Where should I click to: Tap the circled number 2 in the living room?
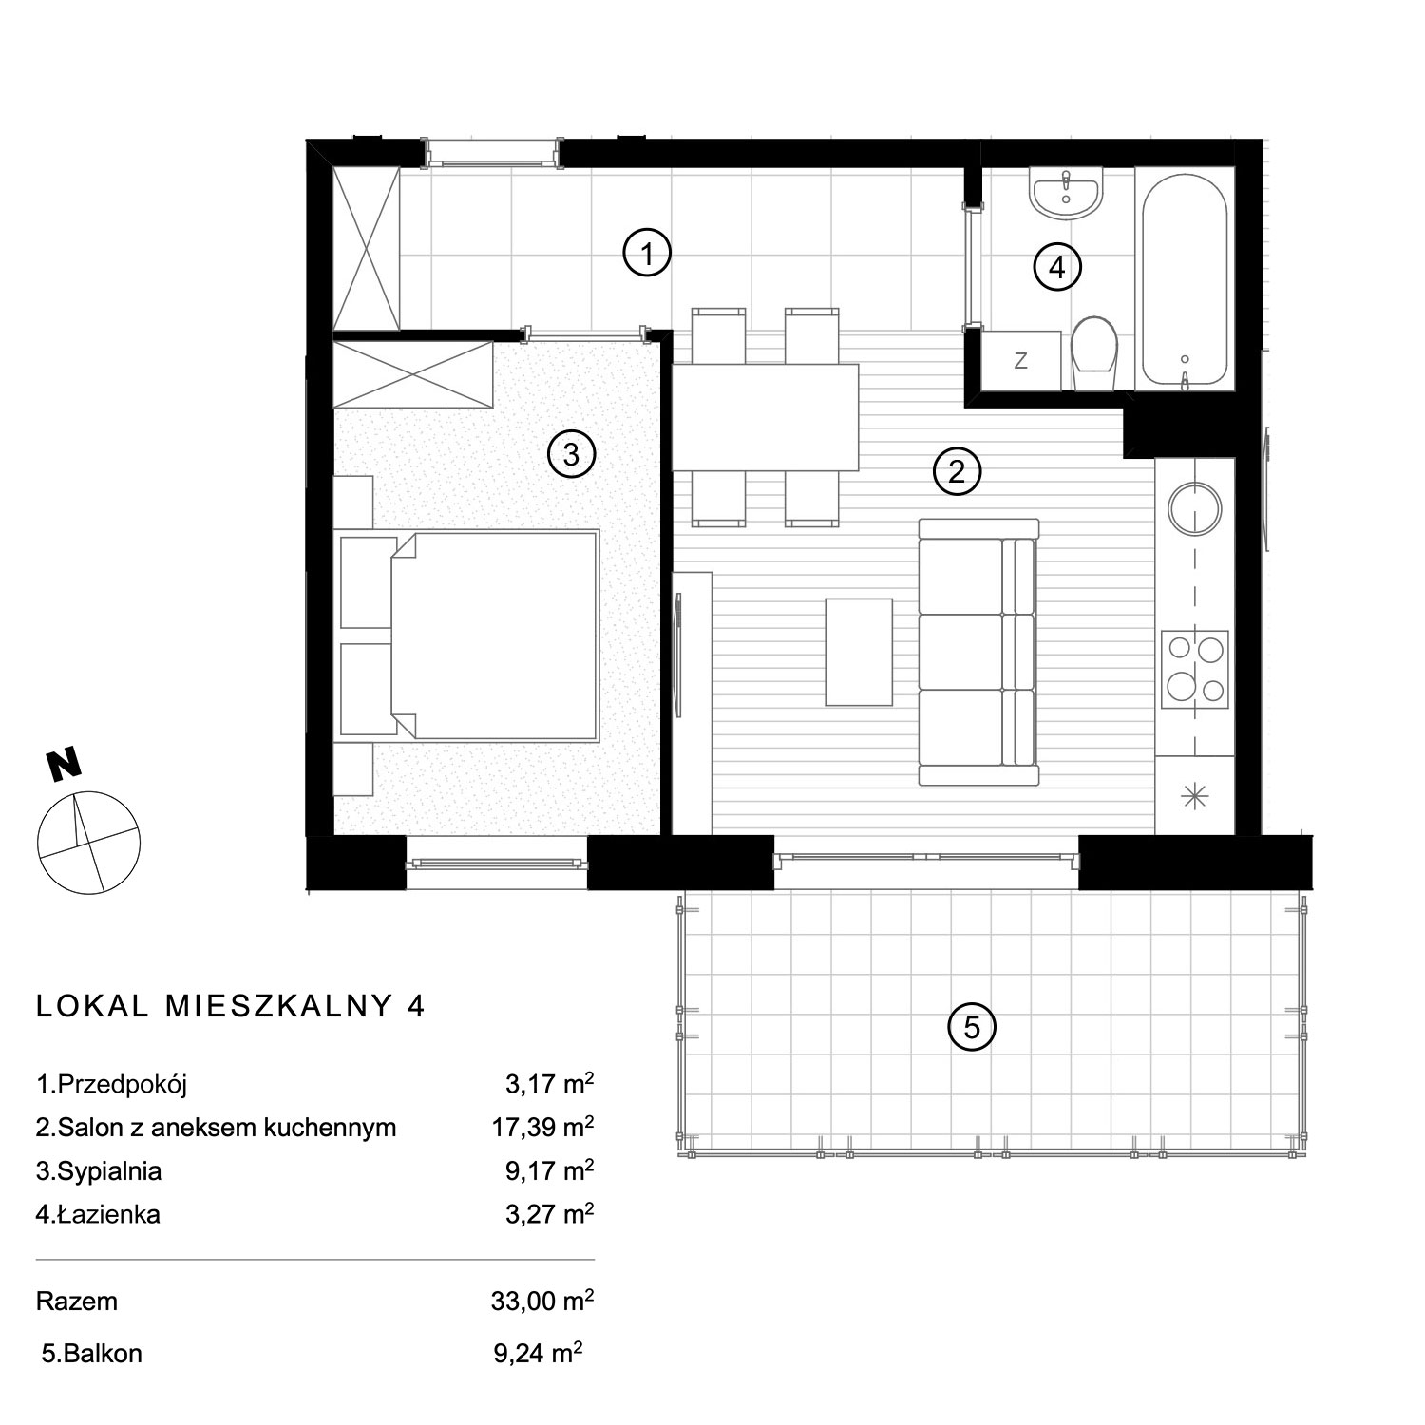pos(957,471)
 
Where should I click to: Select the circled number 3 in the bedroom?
pos(571,455)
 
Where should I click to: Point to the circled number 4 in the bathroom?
pos(1057,268)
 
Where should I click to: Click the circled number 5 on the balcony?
pos(972,1027)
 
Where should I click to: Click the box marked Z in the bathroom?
pos(1021,360)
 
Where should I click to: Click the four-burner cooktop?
pos(1195,668)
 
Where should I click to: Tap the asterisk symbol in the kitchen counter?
pos(1194,796)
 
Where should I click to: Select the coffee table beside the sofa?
pos(859,652)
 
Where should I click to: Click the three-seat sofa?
pos(978,652)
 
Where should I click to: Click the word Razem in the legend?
pos(77,1301)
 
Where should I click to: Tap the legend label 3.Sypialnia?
pos(99,1171)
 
